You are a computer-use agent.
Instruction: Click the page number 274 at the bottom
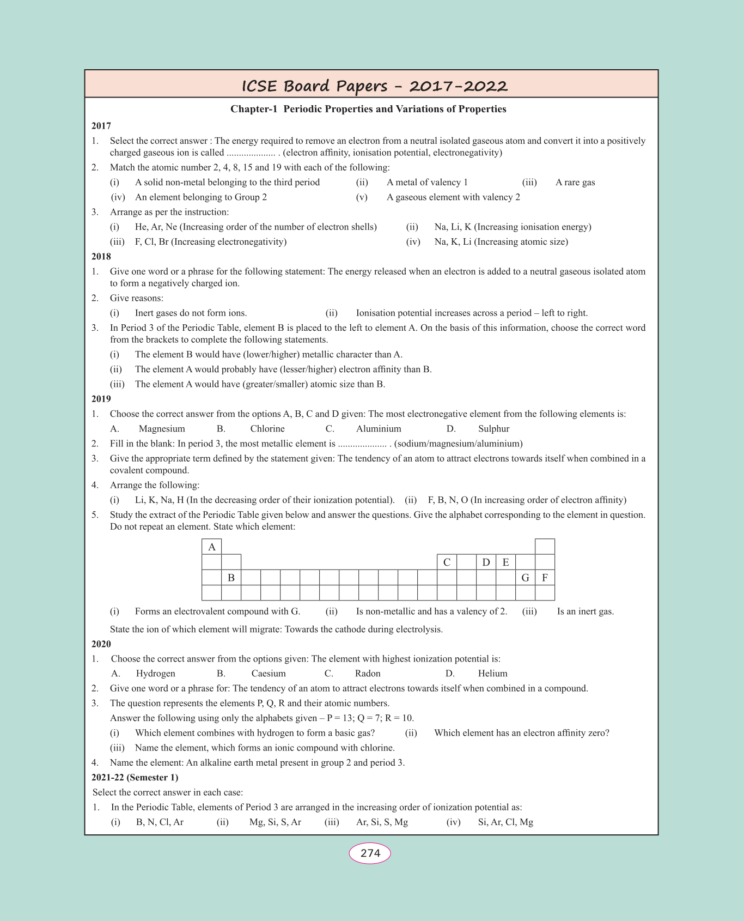click(x=370, y=853)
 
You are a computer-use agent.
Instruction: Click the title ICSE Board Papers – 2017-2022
click(x=375, y=86)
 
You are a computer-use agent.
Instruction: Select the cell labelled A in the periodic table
click(x=212, y=547)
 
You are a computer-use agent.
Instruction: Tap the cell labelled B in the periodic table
click(x=231, y=578)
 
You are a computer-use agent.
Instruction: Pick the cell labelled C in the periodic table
click(x=447, y=562)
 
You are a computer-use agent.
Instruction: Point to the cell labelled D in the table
click(x=486, y=562)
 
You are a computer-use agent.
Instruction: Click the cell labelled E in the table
click(x=505, y=562)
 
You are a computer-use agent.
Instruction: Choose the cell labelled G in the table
click(x=525, y=578)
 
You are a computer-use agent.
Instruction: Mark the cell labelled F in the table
click(x=545, y=578)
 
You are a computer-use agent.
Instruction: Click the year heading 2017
click(x=101, y=126)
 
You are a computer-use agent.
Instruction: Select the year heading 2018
click(x=101, y=257)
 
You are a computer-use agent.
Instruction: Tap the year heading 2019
click(x=101, y=399)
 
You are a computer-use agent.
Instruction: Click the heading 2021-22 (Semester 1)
click(x=135, y=778)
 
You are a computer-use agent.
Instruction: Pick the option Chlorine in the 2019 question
click(x=267, y=429)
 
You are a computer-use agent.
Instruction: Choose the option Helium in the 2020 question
click(x=492, y=674)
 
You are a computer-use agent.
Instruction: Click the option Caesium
click(x=269, y=674)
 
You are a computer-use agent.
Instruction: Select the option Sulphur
click(x=493, y=429)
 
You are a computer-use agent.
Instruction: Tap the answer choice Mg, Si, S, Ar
click(x=275, y=822)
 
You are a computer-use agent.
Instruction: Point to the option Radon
click(x=368, y=674)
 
